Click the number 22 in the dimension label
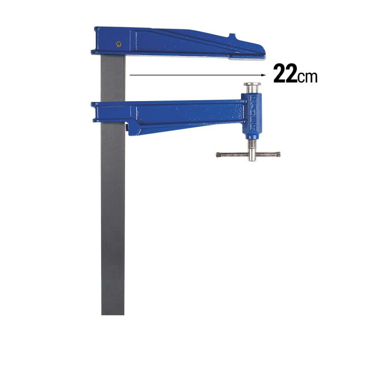coord(285,74)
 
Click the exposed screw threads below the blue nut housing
coord(252,145)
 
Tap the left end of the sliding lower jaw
coord(93,110)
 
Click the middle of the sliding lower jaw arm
coord(184,115)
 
